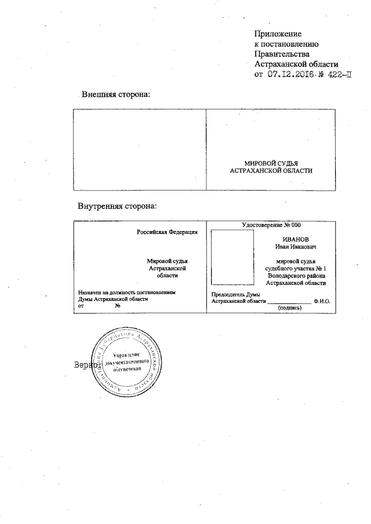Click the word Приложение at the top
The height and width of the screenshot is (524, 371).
tap(279, 34)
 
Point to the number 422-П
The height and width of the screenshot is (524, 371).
tap(339, 75)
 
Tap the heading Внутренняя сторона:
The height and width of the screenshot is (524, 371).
tap(118, 206)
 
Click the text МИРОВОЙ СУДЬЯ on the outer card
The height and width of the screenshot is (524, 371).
tap(271, 164)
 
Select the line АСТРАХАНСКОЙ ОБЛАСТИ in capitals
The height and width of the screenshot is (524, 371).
tap(271, 171)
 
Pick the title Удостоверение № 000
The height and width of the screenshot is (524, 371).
tap(271, 225)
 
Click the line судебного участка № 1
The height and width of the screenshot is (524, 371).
tap(296, 269)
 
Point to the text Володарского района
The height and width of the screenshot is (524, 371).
tap(296, 276)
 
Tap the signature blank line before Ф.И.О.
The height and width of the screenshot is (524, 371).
tap(289, 302)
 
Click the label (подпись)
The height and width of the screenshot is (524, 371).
tap(290, 308)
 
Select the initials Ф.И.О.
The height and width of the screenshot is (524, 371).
tap(321, 302)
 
